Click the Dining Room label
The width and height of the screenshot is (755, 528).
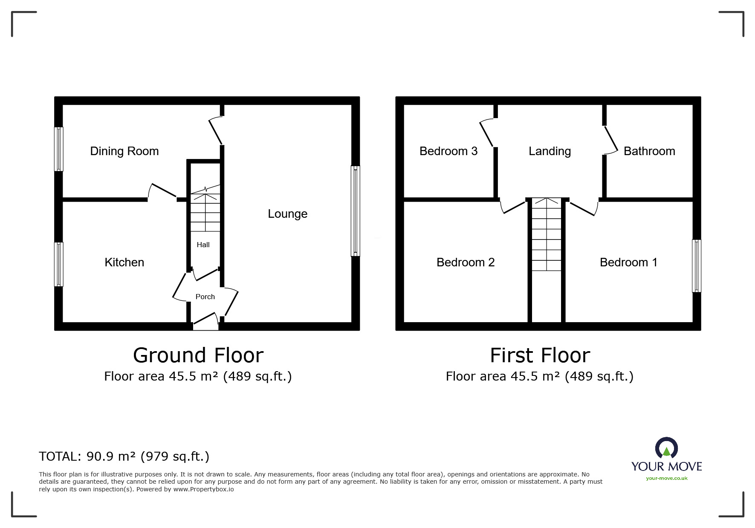point(124,151)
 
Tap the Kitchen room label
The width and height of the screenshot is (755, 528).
point(124,263)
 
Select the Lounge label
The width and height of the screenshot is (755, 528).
point(287,214)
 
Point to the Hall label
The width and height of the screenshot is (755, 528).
point(203,245)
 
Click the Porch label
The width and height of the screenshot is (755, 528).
point(205,297)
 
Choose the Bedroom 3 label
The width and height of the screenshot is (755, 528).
point(448,151)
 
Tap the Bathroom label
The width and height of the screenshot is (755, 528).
point(649,151)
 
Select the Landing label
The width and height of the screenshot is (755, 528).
point(550,151)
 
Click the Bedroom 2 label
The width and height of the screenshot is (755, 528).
point(465,263)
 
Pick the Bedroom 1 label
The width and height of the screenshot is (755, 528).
point(628,263)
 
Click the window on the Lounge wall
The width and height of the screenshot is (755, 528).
point(355,211)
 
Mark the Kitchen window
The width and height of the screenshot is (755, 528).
point(59,264)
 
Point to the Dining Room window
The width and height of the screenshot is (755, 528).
point(59,149)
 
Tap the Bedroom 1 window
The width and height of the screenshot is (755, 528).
point(696,266)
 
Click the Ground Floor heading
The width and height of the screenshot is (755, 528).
point(198,355)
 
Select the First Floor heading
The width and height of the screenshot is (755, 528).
point(540,355)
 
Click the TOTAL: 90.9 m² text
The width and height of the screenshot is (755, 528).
point(124,456)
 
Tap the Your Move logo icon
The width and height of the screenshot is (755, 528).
point(666,448)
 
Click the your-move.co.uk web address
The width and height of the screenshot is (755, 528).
point(666,478)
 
